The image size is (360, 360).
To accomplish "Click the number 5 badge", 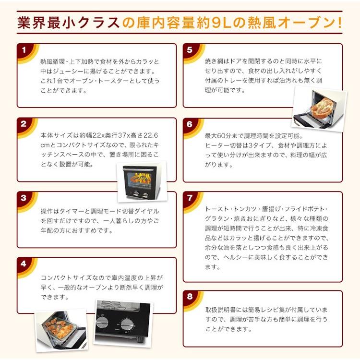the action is click(190, 49).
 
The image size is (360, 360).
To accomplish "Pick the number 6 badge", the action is click(190, 124).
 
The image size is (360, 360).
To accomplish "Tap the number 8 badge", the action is click(190, 297).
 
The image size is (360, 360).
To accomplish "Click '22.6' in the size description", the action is click(150, 136).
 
